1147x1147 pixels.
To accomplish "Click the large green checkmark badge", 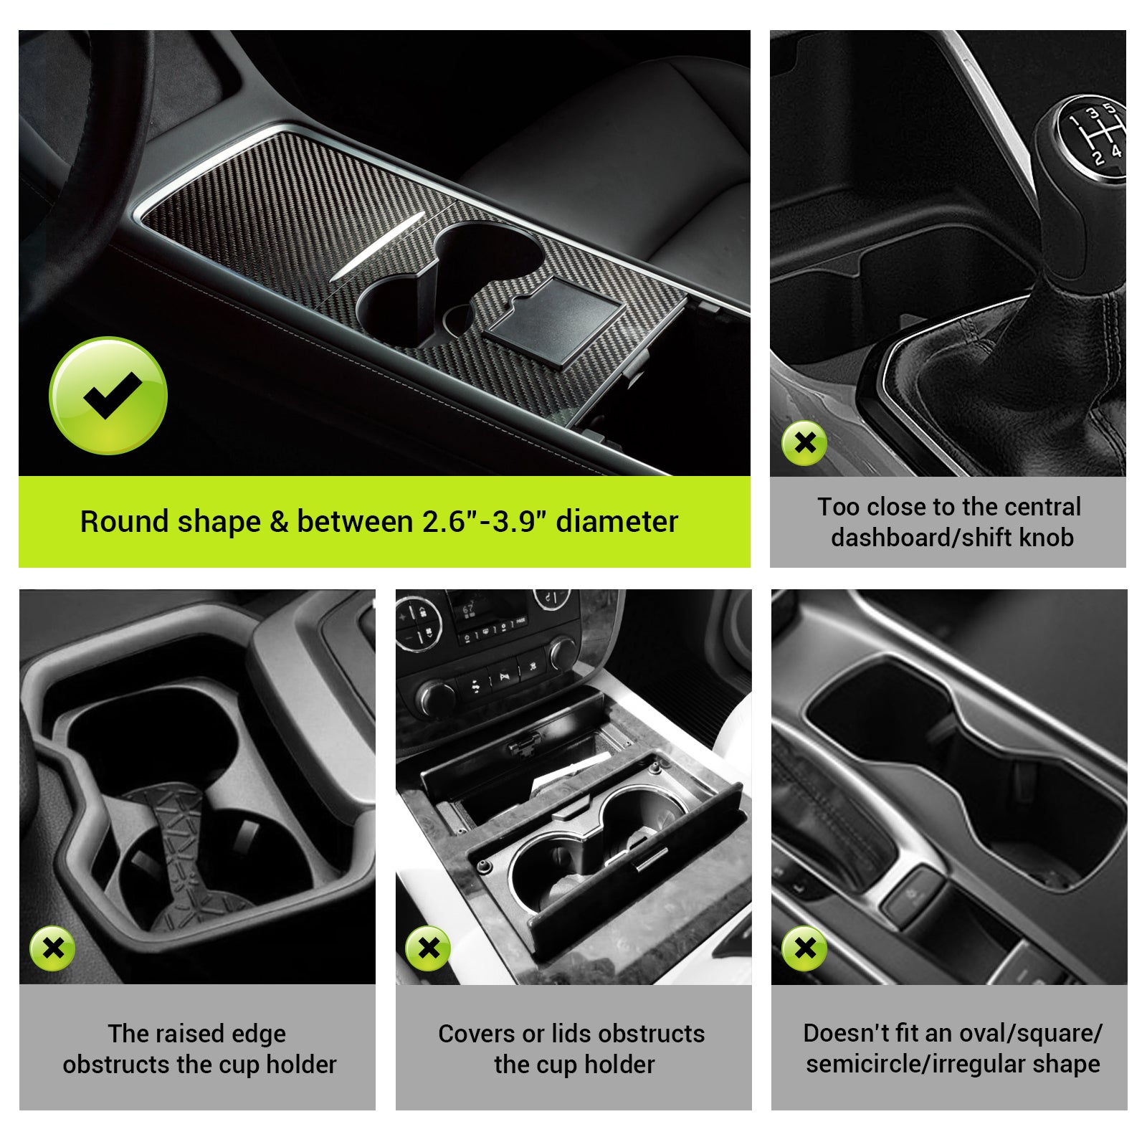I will pyautogui.click(x=108, y=396).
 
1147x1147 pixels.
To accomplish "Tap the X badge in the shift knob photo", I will pyautogui.click(x=804, y=443).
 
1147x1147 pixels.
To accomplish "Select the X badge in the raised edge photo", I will pyautogui.click(x=52, y=948).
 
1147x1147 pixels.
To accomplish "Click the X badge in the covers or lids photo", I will pyautogui.click(x=428, y=948).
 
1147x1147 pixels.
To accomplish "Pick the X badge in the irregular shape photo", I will pyautogui.click(x=804, y=948).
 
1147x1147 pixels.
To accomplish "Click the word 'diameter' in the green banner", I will pyautogui.click(x=617, y=522).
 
